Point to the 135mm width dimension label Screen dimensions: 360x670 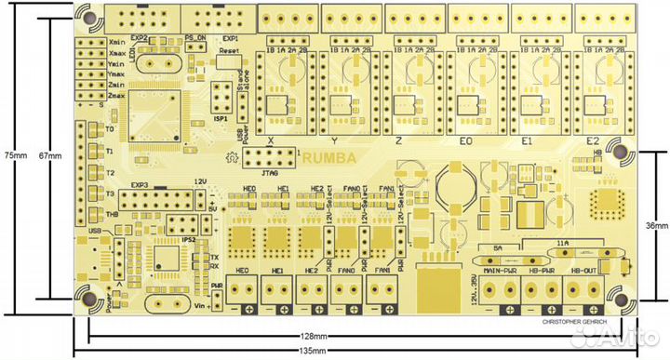314,351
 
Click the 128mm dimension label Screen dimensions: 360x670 314,336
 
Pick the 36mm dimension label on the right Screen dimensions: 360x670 656,226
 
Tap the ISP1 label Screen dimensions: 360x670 221,119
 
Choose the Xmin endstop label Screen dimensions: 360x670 117,41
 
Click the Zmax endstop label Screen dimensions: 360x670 117,96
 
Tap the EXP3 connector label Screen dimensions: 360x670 141,184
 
